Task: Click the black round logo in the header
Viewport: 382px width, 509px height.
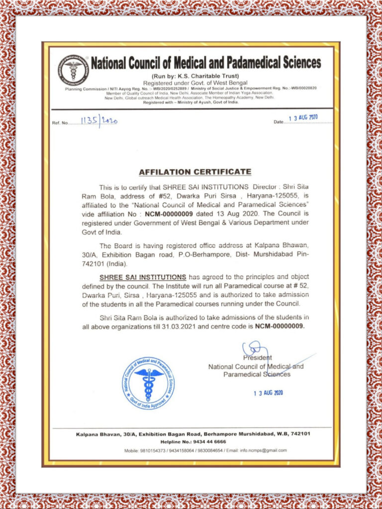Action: pos(73,69)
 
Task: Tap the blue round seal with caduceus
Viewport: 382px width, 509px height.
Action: pos(148,383)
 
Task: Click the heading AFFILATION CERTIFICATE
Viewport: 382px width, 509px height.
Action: pos(195,172)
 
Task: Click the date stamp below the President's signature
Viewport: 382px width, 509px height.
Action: pos(268,393)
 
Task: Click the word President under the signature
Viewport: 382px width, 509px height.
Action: pos(258,358)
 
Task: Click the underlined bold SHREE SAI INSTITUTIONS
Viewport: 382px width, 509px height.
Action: pos(143,276)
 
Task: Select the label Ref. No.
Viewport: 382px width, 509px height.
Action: pos(60,123)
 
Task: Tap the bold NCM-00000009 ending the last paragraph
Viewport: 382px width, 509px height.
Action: pos(279,327)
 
